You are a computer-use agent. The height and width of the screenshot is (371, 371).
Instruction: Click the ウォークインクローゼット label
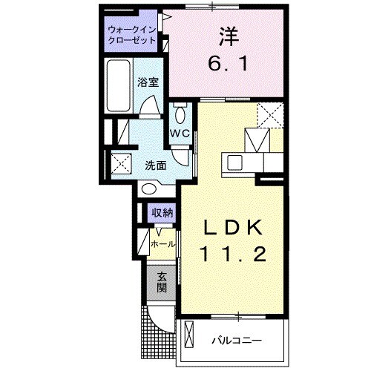[132, 35]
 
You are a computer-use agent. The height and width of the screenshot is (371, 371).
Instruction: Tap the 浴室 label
[148, 83]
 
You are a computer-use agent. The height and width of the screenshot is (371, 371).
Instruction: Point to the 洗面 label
[155, 165]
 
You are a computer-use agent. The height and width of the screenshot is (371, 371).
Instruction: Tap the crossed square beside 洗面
[120, 162]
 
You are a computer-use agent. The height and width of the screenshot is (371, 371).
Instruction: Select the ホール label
[163, 243]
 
